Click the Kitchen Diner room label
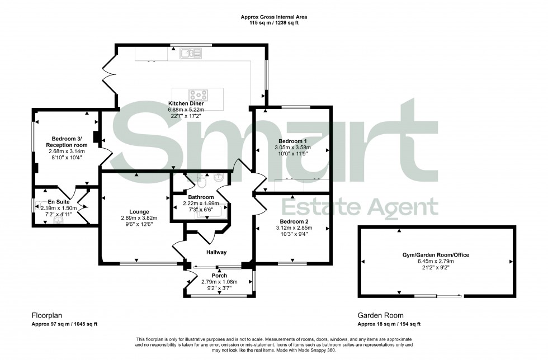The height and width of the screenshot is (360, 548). [x=186, y=104]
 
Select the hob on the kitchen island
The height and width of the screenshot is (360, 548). [x=199, y=94]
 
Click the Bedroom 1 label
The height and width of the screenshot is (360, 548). [x=291, y=141]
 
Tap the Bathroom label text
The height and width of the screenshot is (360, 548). [x=201, y=197]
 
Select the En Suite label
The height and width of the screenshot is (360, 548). [x=59, y=202]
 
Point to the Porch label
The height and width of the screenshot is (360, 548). [x=219, y=276]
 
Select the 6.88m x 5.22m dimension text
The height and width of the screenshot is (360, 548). [x=186, y=110]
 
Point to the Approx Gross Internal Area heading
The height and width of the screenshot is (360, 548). [x=273, y=17]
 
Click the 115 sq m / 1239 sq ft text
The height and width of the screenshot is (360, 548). [x=273, y=23]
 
